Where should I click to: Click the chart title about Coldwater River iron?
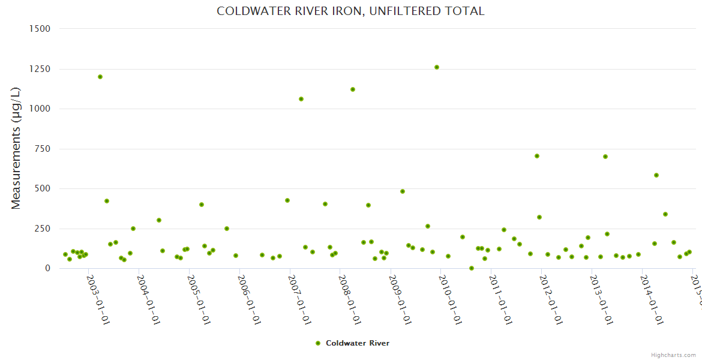tap(350, 11)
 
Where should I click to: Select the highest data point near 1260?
tap(437, 67)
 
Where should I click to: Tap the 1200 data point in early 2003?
tap(100, 77)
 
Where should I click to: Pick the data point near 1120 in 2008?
tap(353, 89)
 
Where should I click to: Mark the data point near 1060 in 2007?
tap(301, 99)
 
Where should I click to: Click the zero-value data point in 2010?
tap(472, 268)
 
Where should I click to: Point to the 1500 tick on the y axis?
tap(40, 29)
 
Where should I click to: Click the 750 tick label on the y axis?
tap(43, 149)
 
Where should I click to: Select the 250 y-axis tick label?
tap(43, 229)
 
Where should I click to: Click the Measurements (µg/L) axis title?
tap(16, 148)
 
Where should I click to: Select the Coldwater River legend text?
tap(358, 343)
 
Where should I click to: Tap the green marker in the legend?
tap(318, 343)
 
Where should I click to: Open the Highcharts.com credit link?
tap(673, 355)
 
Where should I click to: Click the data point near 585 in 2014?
tap(656, 175)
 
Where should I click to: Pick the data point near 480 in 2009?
tap(403, 191)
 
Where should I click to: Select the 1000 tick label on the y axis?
tap(40, 109)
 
